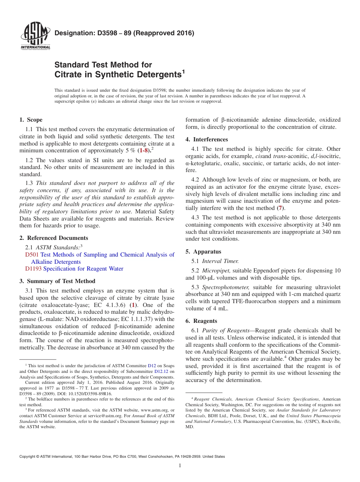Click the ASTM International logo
tap(35, 37)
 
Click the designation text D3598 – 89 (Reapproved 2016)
tap(124, 33)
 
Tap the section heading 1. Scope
tap(31, 120)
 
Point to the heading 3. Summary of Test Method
tap(57, 281)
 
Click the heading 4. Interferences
tap(207, 139)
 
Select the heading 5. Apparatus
tap(203, 252)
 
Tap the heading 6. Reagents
tap(201, 321)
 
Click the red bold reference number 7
tap(280, 208)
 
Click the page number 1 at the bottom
tap(180, 466)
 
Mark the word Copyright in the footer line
tap(27, 457)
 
